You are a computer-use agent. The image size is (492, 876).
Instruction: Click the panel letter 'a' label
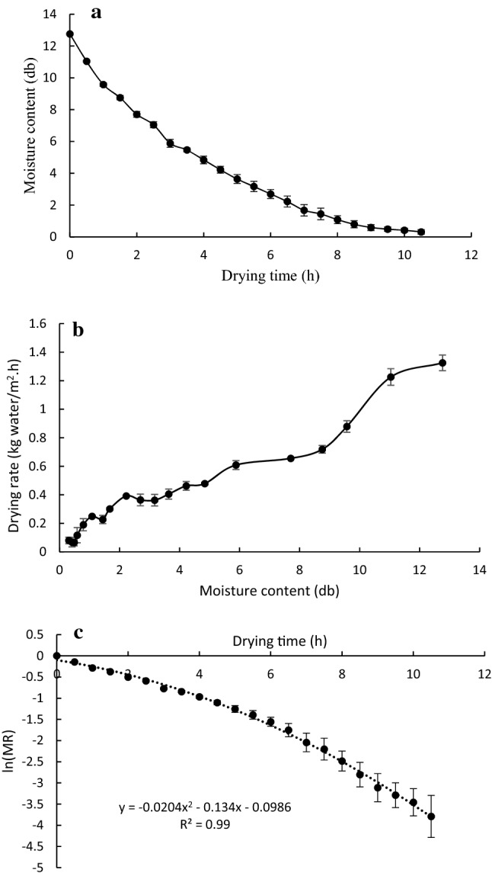[x=96, y=14]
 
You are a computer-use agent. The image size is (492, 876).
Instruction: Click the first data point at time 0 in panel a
[x=70, y=34]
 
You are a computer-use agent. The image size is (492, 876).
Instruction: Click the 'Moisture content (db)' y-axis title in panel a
[x=32, y=126]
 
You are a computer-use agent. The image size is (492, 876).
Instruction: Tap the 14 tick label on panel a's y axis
[x=51, y=14]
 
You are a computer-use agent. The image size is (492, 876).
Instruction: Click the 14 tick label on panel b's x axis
[x=478, y=569]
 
